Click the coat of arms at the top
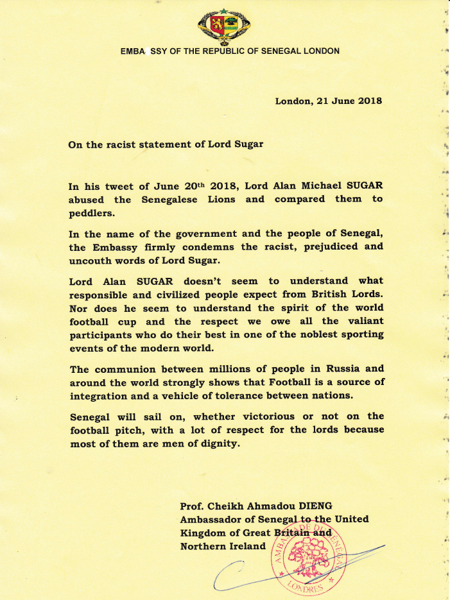coord(225,25)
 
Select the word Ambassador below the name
coord(214,520)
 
